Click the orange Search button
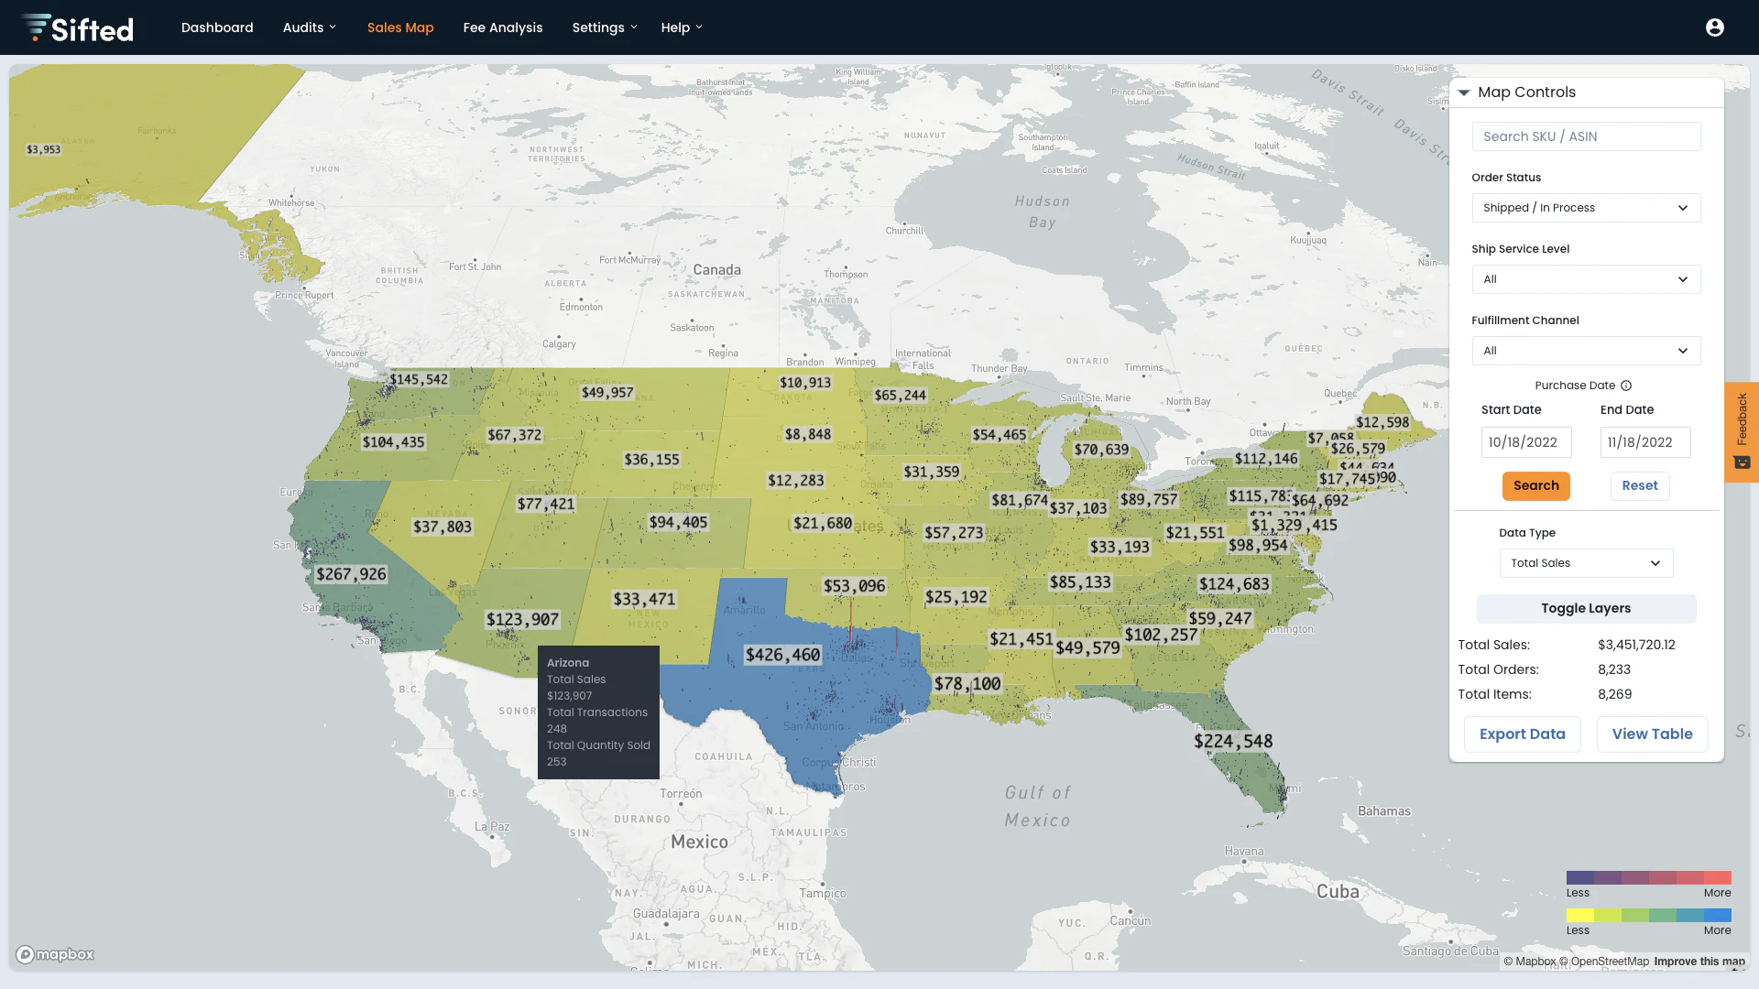pyautogui.click(x=1535, y=485)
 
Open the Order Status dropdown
pyautogui.click(x=1586, y=208)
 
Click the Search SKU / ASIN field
pyautogui.click(x=1586, y=136)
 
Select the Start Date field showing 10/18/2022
pyautogui.click(x=1525, y=442)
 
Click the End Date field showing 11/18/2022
pyautogui.click(x=1644, y=442)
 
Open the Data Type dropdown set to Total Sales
pyautogui.click(x=1586, y=563)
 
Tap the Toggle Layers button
pyautogui.click(x=1586, y=608)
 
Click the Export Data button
pyautogui.click(x=1522, y=734)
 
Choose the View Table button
pyautogui.click(x=1652, y=734)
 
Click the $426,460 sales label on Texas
pyautogui.click(x=782, y=655)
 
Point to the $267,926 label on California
pyautogui.click(x=351, y=574)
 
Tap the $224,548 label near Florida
pyautogui.click(x=1233, y=741)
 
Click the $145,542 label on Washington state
pyautogui.click(x=419, y=379)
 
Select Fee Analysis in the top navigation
pyautogui.click(x=503, y=27)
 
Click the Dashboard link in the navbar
pyautogui.click(x=217, y=27)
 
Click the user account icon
pyautogui.click(x=1715, y=27)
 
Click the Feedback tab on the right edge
pyautogui.click(x=1742, y=431)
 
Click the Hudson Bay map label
pyautogui.click(x=1042, y=212)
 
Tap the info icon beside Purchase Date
pyautogui.click(x=1626, y=386)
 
